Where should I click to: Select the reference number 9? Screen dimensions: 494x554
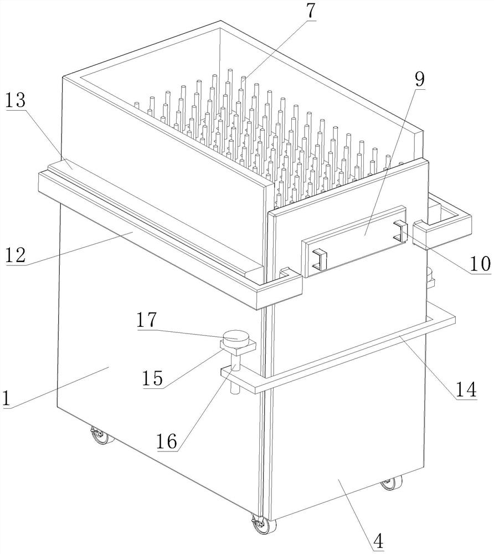(419, 79)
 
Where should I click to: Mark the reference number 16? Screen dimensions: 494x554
(167, 442)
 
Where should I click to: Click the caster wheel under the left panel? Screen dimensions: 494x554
(101, 437)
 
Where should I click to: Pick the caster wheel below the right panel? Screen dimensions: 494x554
(390, 483)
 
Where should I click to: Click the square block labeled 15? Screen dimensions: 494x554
(238, 347)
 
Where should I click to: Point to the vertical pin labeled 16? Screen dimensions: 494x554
(235, 374)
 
